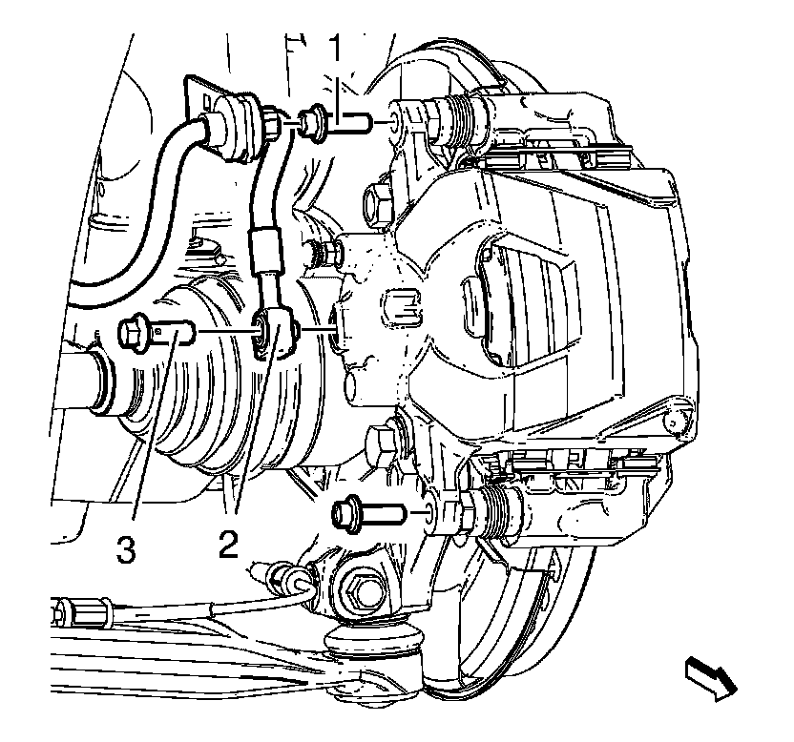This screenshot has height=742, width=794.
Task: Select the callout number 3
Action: click(x=125, y=550)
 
